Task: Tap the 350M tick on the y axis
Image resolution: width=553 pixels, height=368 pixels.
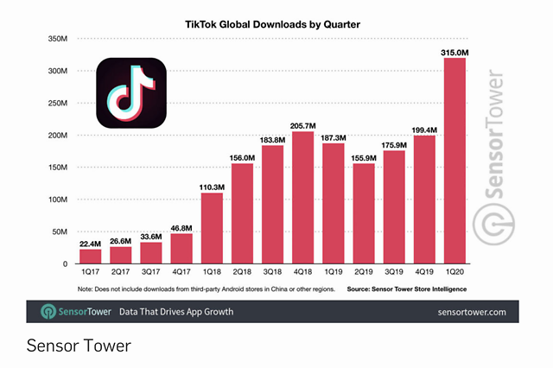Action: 56,39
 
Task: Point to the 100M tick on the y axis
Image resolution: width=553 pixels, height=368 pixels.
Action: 56,200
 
